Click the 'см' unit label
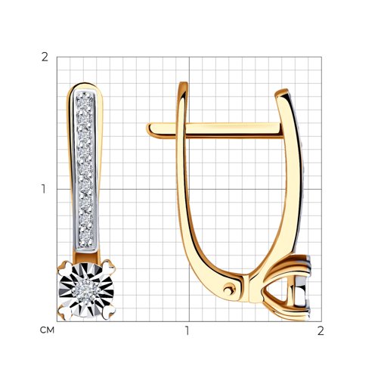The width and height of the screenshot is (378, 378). [x=47, y=330]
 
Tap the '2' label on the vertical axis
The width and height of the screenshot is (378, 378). [x=45, y=57]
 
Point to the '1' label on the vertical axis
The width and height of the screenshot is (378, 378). [x=44, y=189]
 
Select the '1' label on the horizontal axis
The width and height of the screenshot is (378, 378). [x=187, y=330]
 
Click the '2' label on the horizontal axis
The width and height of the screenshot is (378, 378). [x=321, y=330]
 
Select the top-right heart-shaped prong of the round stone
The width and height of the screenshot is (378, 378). [x=109, y=267]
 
